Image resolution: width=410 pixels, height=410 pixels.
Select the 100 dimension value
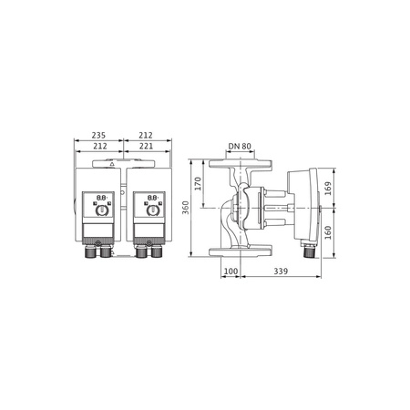(x=231, y=272)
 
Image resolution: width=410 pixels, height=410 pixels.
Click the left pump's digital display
(x=100, y=197)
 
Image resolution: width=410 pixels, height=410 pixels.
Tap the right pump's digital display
(x=148, y=197)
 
